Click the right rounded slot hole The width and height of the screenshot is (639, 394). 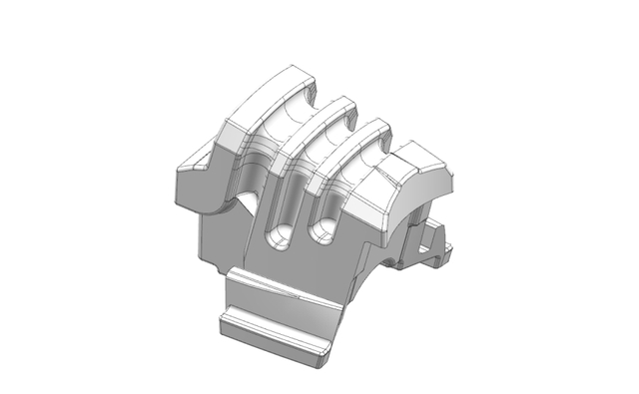(x=321, y=232)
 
